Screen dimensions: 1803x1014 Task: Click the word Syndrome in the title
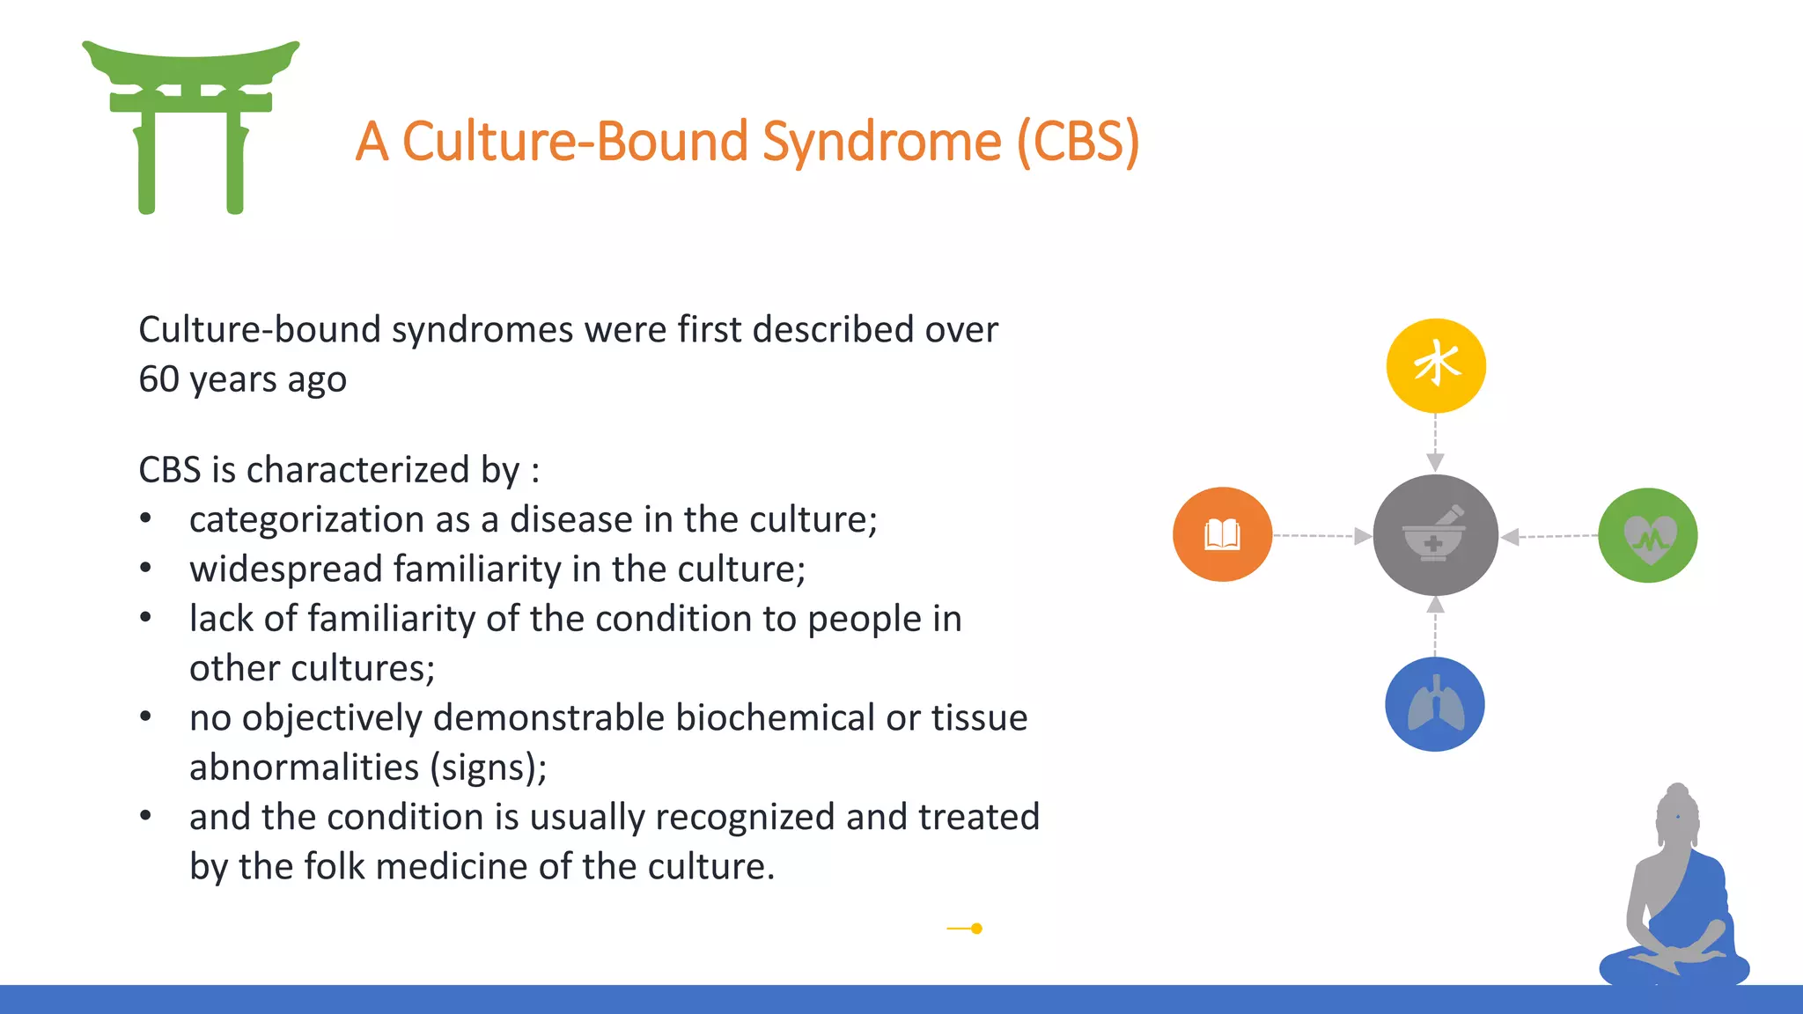(x=881, y=142)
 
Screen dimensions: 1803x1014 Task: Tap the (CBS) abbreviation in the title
(x=1078, y=142)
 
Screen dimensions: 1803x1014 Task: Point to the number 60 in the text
(x=158, y=379)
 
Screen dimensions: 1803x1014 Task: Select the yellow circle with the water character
(x=1436, y=365)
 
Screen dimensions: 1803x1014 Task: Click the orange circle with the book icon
(x=1222, y=534)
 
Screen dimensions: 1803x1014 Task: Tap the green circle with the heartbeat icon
(x=1647, y=535)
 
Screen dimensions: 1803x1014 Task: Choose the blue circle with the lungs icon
(x=1435, y=704)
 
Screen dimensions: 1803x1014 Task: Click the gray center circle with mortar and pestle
(x=1435, y=535)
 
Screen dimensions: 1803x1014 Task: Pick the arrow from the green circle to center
(x=1549, y=536)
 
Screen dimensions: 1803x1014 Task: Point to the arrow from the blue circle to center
(x=1435, y=626)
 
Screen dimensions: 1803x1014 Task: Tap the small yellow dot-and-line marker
(x=966, y=928)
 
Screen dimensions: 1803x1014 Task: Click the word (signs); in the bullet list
(x=489, y=768)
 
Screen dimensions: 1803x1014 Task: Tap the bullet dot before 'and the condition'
(x=146, y=817)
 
